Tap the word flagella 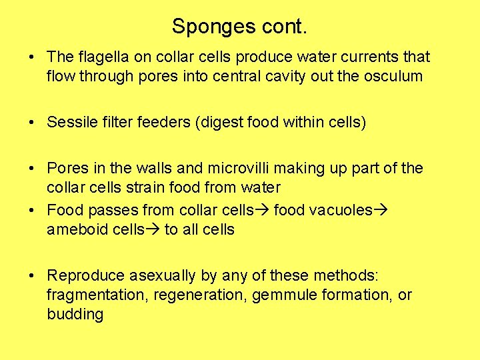(x=99, y=57)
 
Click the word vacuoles (x=341, y=210)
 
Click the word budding (x=75, y=314)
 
